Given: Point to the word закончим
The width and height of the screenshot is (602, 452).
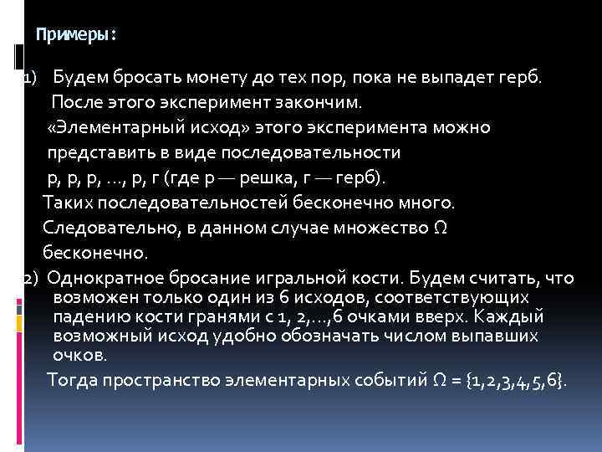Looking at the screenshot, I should (321, 103).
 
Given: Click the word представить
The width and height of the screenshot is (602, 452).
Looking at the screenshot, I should (97, 153).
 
